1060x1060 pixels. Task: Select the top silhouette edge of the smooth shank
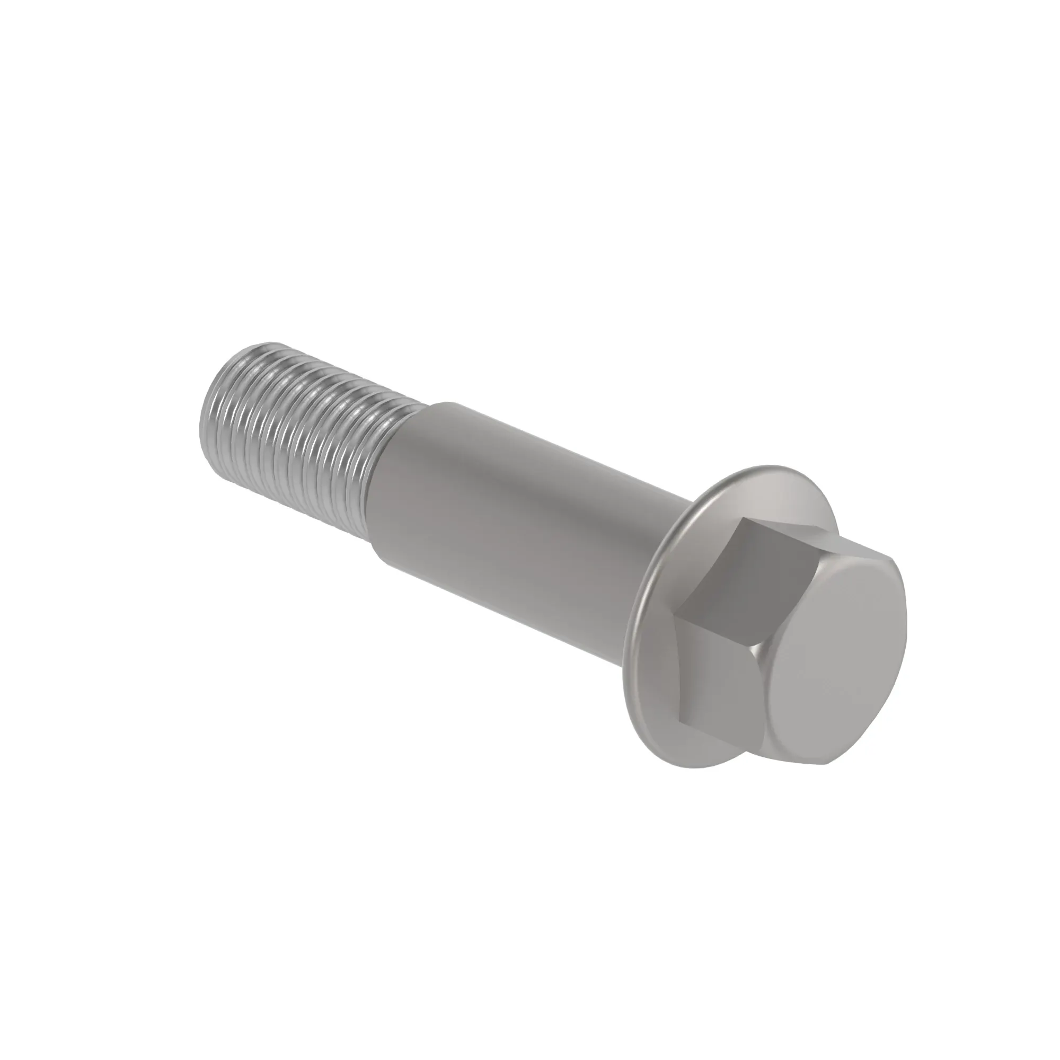(549, 439)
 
